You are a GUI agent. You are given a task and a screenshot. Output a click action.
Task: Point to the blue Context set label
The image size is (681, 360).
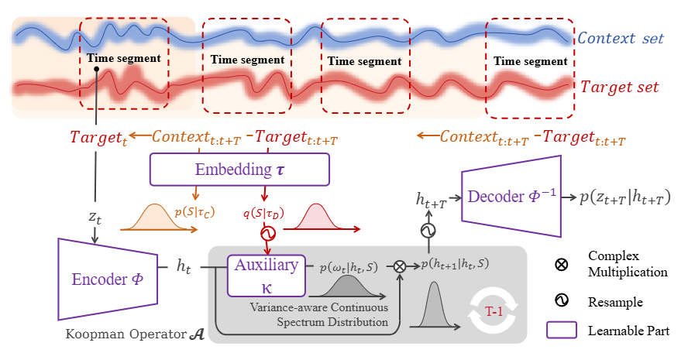tap(621, 38)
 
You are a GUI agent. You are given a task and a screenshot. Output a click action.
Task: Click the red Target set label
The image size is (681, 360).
tap(619, 87)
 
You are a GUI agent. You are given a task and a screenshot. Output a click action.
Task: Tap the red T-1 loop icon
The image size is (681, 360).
tap(494, 311)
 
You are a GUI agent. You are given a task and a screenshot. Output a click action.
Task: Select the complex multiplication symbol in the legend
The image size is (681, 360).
tap(562, 264)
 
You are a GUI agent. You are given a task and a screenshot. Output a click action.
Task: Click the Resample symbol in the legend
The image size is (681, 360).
tap(562, 300)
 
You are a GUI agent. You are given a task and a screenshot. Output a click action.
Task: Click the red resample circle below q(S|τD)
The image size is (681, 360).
tap(268, 234)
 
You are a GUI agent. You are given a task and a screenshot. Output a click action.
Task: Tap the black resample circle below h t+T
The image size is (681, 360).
tap(428, 231)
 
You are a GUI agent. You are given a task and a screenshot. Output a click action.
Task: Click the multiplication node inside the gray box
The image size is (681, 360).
tap(400, 266)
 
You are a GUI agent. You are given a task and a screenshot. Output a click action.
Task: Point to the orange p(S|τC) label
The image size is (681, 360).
tap(194, 212)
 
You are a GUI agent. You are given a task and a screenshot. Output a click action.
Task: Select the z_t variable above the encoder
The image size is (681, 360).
tap(95, 217)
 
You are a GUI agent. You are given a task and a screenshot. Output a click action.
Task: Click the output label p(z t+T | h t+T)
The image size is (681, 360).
tap(624, 197)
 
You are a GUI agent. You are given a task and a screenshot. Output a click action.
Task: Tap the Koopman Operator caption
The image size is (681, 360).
tap(135, 334)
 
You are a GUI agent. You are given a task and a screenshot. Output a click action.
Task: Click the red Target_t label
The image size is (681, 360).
tap(98, 137)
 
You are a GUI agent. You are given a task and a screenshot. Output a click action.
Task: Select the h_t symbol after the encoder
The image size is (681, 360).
tap(184, 266)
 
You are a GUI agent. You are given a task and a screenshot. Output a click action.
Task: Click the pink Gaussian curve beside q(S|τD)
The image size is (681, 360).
tap(317, 216)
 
